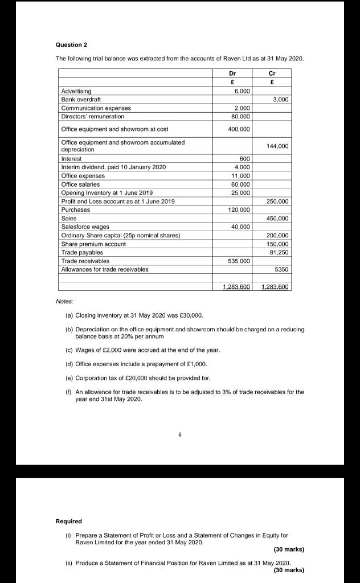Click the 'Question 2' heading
[x=71, y=44]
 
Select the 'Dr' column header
[x=232, y=73]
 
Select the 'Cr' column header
[x=272, y=73]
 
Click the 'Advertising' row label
[x=76, y=91]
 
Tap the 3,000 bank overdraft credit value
[x=280, y=100]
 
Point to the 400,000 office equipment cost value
[x=239, y=129]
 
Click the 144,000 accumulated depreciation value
[x=278, y=146]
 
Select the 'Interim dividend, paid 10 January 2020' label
[x=113, y=167]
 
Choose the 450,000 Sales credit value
[x=278, y=219]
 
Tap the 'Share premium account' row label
[x=93, y=244]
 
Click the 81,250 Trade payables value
[x=279, y=252]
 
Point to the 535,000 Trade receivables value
[x=239, y=261]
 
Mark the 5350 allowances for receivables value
[x=281, y=269]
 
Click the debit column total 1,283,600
[x=236, y=286]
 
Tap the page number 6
[x=179, y=434]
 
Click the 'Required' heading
[x=68, y=521]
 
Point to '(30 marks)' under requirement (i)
[x=289, y=549]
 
